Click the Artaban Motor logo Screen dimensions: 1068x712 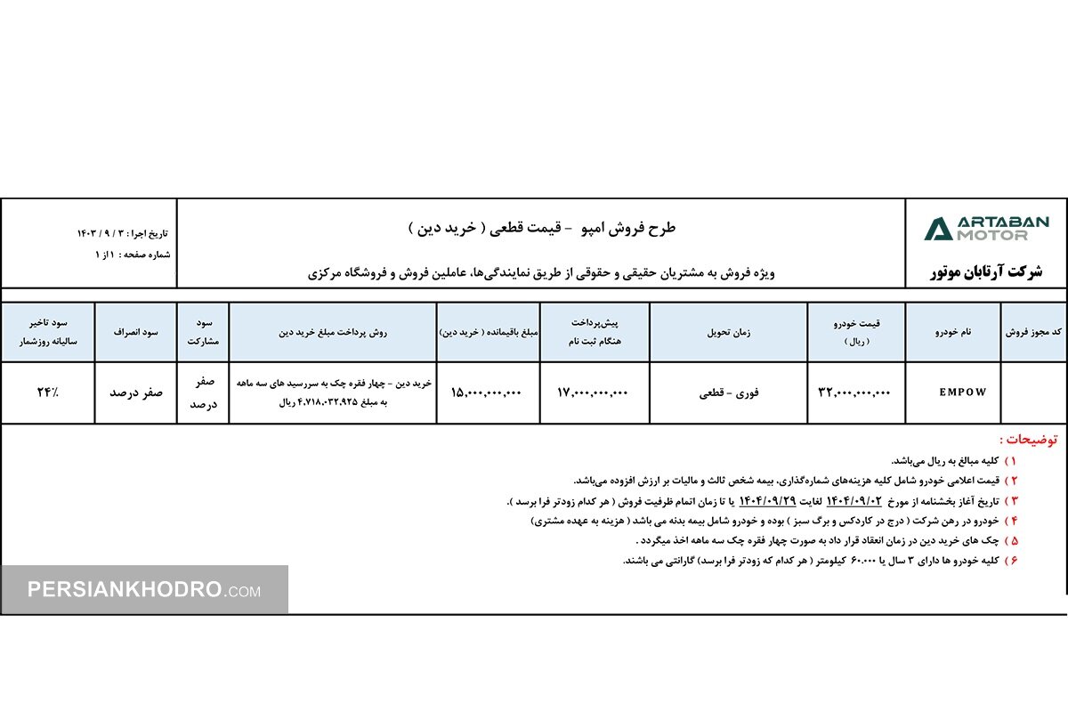(x=986, y=229)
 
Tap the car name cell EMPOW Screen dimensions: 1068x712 (x=962, y=392)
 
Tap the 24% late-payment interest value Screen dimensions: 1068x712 (x=47, y=392)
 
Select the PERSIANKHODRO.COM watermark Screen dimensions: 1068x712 (x=143, y=589)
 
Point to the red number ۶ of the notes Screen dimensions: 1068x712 (x=1012, y=561)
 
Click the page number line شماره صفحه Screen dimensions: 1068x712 (x=133, y=255)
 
